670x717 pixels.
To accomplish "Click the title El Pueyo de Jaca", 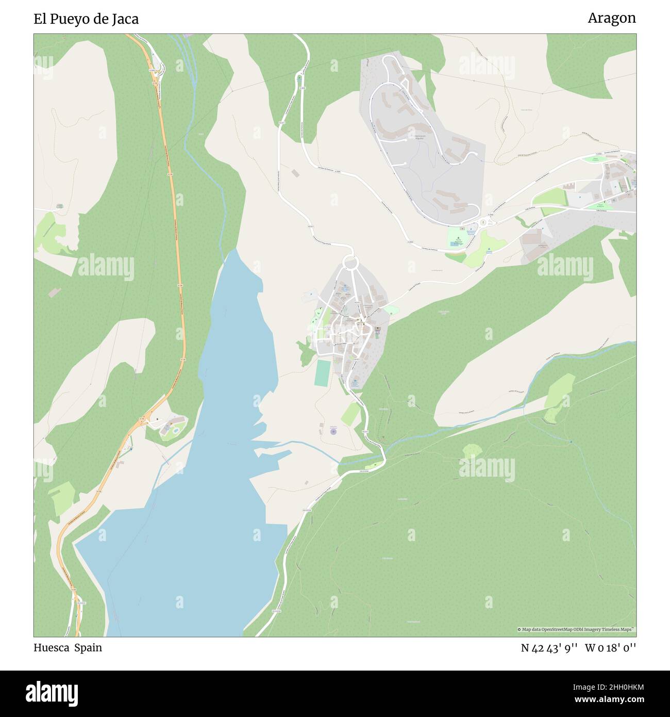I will pos(86,19).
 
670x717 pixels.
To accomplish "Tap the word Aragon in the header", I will pos(611,18).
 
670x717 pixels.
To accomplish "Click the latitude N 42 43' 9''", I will pos(549,648).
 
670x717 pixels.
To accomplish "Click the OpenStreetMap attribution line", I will pos(576,629).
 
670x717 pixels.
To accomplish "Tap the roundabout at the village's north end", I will pos(350,263).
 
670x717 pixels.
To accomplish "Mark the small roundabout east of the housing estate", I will pos(483,222).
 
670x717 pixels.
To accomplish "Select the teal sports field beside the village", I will pos(323,372).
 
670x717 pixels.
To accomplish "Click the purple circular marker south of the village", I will pos(333,431).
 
